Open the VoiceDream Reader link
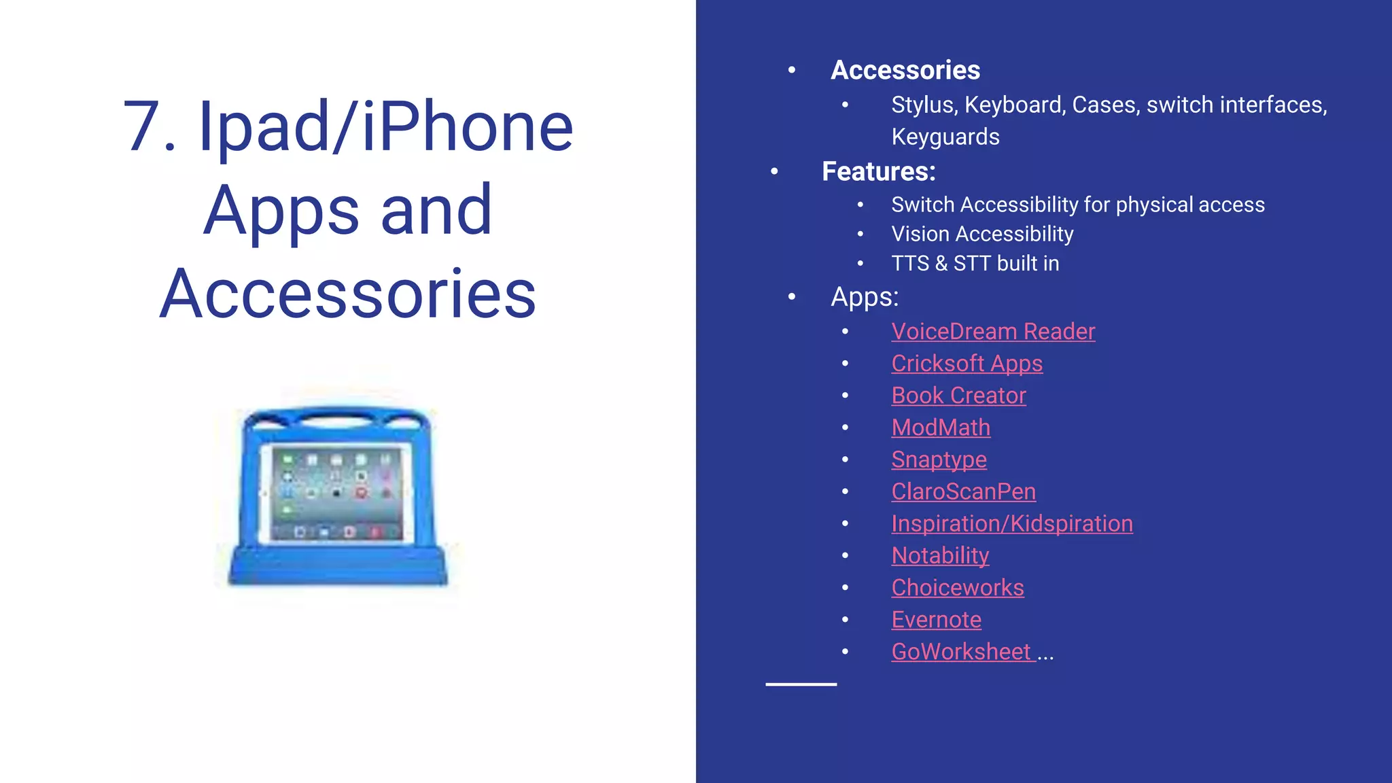(x=992, y=332)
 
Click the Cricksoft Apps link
(x=967, y=364)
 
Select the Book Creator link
(x=958, y=396)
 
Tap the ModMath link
(x=941, y=428)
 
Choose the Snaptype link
(x=939, y=460)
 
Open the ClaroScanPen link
(x=963, y=491)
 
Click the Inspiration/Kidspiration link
(x=1011, y=523)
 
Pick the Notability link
(x=940, y=556)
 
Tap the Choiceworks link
(x=957, y=588)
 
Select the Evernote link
(x=936, y=620)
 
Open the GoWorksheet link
(x=960, y=652)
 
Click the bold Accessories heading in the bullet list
(x=905, y=70)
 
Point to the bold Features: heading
(x=878, y=171)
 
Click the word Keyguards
(x=945, y=137)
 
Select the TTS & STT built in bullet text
(x=975, y=263)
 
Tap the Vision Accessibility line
(x=982, y=234)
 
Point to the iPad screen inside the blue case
(x=336, y=493)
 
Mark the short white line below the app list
(x=801, y=684)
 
